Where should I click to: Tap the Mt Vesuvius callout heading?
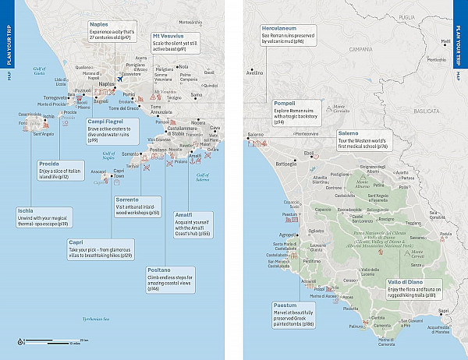pyautogui.click(x=169, y=37)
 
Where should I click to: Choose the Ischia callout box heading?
pyautogui.click(x=27, y=210)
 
